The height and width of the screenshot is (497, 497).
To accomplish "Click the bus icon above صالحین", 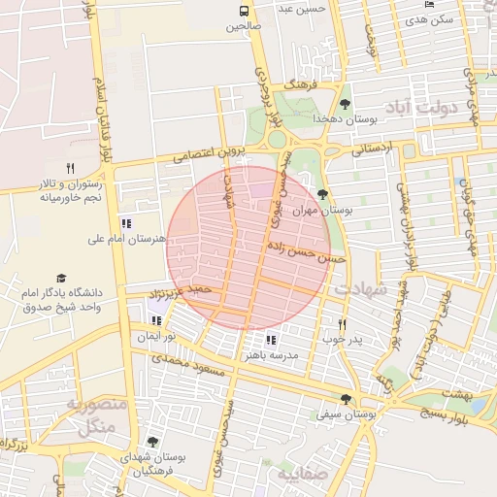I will coord(244,11).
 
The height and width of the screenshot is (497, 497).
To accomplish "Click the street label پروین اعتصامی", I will coord(206,153).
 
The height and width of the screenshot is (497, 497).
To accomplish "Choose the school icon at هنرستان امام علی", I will coord(126,223).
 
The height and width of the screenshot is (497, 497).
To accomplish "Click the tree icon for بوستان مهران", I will coord(323,194).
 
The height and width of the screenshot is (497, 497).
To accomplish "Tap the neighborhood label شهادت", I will coord(360,289).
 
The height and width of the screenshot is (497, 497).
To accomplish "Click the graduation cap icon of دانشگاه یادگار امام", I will coord(62,279).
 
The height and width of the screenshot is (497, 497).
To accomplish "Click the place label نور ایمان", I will coord(155,335).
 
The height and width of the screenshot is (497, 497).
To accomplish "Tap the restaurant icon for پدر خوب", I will coord(342,324).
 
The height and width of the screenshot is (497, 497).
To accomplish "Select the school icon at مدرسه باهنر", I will coord(271,340).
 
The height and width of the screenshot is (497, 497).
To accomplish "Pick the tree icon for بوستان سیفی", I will coord(346,400).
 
